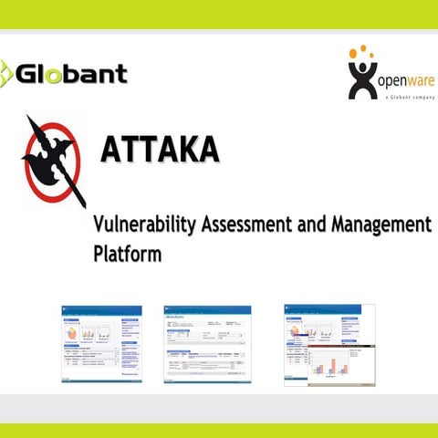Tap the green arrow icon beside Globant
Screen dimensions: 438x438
coord(5,73)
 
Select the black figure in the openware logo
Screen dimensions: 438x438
coord(362,79)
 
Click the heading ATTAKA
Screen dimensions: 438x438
coord(160,149)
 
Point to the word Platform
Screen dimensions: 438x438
coord(127,252)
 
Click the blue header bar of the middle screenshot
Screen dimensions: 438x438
coord(206,310)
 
